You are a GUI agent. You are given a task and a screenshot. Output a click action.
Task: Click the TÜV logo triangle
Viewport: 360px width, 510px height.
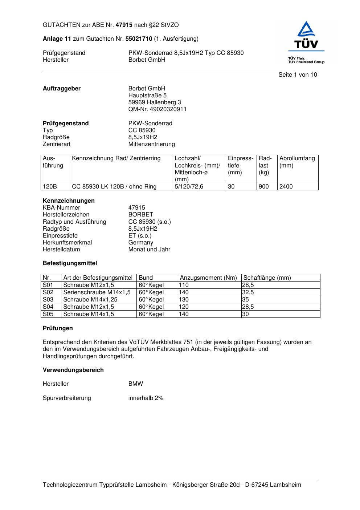307,29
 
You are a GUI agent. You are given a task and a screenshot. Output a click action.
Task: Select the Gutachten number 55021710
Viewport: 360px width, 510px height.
139,39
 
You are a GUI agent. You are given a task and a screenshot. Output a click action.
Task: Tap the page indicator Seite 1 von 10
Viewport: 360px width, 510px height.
298,75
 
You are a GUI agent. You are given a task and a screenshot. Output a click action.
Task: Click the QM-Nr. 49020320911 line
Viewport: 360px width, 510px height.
157,109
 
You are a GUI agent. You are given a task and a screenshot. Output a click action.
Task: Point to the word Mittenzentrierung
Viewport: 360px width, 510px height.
151,144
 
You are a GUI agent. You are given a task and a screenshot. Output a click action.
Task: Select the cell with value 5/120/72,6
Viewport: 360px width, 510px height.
189,187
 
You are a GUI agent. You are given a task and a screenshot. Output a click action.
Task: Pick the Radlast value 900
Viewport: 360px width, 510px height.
263,187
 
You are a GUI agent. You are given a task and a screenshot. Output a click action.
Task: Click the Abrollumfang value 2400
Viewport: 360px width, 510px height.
286,187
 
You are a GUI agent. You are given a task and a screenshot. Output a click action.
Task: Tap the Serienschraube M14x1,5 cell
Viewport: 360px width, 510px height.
97,292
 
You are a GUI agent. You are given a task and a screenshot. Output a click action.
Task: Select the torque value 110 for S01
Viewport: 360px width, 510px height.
184,285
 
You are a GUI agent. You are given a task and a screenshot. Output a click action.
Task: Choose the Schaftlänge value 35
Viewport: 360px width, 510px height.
246,300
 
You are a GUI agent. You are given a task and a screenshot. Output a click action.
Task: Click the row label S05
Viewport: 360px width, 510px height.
48,314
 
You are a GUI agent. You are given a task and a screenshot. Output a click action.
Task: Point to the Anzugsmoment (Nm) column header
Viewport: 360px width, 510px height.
208,278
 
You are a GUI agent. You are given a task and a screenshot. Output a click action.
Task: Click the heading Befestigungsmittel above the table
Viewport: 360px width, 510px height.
70,263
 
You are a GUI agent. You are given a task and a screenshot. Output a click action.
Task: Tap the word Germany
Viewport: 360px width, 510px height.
141,243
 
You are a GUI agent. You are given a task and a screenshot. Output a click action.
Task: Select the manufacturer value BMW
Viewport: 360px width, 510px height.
136,384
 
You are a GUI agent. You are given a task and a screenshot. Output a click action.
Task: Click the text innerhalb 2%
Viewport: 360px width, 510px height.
146,398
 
